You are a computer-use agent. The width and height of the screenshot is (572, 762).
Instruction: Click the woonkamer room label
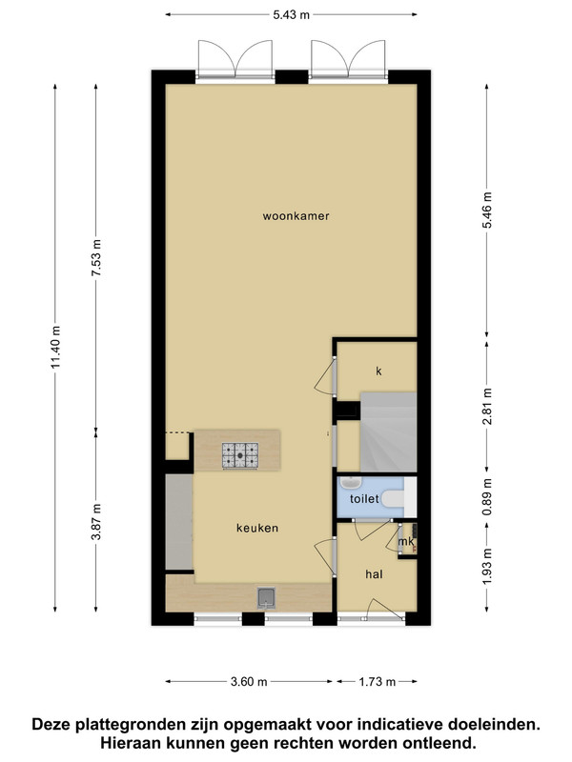point(296,216)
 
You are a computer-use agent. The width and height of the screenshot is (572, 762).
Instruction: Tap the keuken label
point(257,528)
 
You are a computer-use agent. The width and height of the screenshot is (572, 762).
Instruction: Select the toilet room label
point(364,498)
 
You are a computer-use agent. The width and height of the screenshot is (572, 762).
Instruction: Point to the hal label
point(374,574)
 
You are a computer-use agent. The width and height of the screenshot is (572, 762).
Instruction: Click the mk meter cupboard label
point(406,541)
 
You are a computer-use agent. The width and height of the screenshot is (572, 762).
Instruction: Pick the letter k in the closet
point(378,371)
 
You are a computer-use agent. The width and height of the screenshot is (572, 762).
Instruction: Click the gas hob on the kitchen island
point(240,455)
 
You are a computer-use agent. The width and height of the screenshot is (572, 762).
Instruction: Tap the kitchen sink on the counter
point(267,598)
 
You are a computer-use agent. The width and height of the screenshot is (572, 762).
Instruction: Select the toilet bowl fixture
point(393,498)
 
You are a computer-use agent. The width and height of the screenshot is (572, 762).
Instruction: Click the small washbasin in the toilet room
point(350,483)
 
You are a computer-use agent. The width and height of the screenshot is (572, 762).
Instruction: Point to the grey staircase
point(388,432)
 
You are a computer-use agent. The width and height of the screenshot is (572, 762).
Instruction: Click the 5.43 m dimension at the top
point(292,15)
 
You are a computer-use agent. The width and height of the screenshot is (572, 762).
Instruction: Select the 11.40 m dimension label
point(55,347)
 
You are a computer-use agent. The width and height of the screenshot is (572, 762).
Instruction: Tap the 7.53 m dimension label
point(96,258)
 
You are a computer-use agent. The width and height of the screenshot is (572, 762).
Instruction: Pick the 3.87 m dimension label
point(96,521)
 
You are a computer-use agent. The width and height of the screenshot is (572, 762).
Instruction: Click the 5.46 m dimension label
point(487,210)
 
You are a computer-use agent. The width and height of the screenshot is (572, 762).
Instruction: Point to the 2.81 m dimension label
point(487,407)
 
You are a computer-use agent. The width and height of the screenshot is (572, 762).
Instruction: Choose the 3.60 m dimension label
point(249,682)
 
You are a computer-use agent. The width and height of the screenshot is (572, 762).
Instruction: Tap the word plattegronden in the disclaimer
point(131,725)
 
